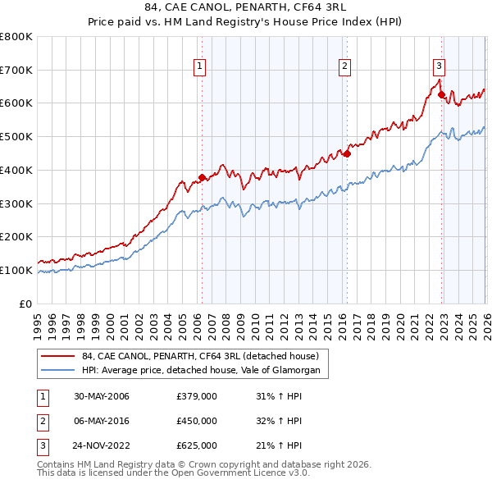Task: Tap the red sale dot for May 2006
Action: (x=202, y=176)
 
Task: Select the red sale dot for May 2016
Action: (x=347, y=153)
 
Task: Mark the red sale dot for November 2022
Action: (x=442, y=94)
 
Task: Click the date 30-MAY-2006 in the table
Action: (x=102, y=396)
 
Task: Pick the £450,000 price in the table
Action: (x=197, y=421)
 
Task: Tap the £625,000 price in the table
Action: (x=197, y=445)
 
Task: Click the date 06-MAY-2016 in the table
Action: (x=102, y=421)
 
